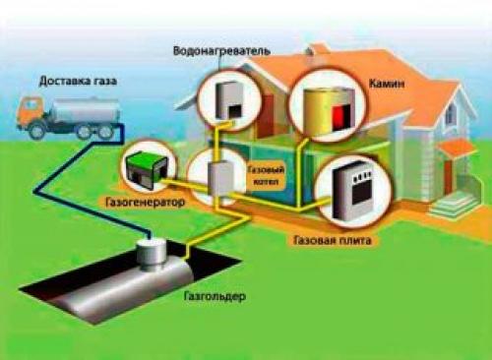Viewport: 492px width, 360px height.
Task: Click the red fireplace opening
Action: (337, 116)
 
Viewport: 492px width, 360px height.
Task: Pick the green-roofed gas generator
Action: (145, 167)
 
